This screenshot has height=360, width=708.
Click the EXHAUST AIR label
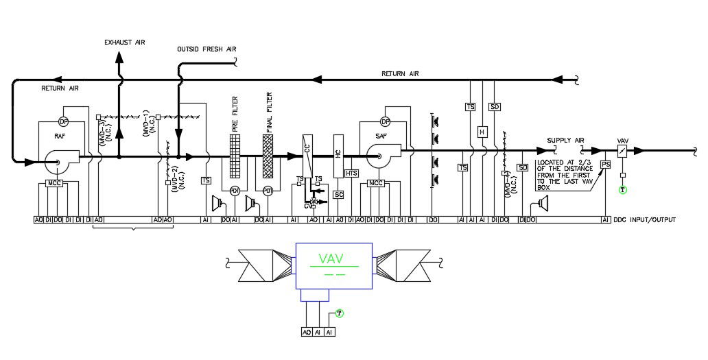coord(125,43)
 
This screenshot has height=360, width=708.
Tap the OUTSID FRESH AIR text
coord(206,49)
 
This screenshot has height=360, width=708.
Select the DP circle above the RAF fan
coord(63,122)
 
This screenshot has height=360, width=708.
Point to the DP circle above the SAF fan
coord(385,122)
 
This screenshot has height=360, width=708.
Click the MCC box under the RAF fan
coord(54,183)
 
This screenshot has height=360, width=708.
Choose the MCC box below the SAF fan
coord(376,183)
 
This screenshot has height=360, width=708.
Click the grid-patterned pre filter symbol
coord(235,157)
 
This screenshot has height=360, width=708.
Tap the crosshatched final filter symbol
coord(268,157)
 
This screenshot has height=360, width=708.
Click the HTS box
coord(352,173)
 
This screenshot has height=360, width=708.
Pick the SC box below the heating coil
coord(338,195)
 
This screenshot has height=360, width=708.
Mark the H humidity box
coord(482,132)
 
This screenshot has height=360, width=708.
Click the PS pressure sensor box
coord(605,165)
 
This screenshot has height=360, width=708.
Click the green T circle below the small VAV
coord(622,189)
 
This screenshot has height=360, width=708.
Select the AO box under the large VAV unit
coord(307,332)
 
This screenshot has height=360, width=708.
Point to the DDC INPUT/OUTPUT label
coord(644,220)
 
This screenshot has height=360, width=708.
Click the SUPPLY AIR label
coord(565,141)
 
